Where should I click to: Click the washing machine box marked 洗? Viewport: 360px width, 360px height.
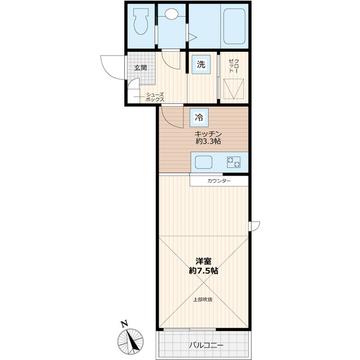pos(201,65)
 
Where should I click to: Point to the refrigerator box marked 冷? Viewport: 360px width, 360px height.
pos(199,117)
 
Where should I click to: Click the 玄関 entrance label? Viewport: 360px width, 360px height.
pos(141,68)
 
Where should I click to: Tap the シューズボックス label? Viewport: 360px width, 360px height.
pos(155,97)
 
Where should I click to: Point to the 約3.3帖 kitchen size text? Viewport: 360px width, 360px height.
pos(208,142)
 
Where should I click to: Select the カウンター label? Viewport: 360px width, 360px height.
pos(219,181)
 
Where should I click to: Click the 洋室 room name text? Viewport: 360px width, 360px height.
pos(203,261)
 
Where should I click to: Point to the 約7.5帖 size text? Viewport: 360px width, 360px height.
pos(203,271)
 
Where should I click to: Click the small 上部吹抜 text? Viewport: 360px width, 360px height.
pos(203,299)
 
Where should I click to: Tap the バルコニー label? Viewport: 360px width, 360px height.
pos(206,345)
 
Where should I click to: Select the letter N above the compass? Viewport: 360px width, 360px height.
pos(124,323)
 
